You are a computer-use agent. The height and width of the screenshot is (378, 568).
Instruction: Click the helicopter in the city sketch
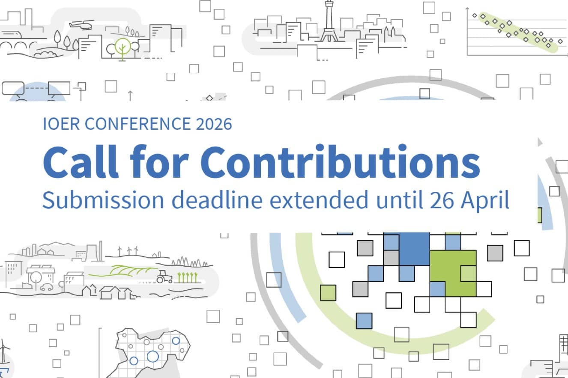click(x=81, y=24)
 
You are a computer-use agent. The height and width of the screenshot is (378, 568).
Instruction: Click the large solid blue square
click(x=414, y=249)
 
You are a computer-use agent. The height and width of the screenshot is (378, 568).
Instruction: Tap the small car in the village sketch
click(x=47, y=287)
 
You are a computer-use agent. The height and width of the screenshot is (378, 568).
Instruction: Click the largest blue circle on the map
click(x=152, y=356)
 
